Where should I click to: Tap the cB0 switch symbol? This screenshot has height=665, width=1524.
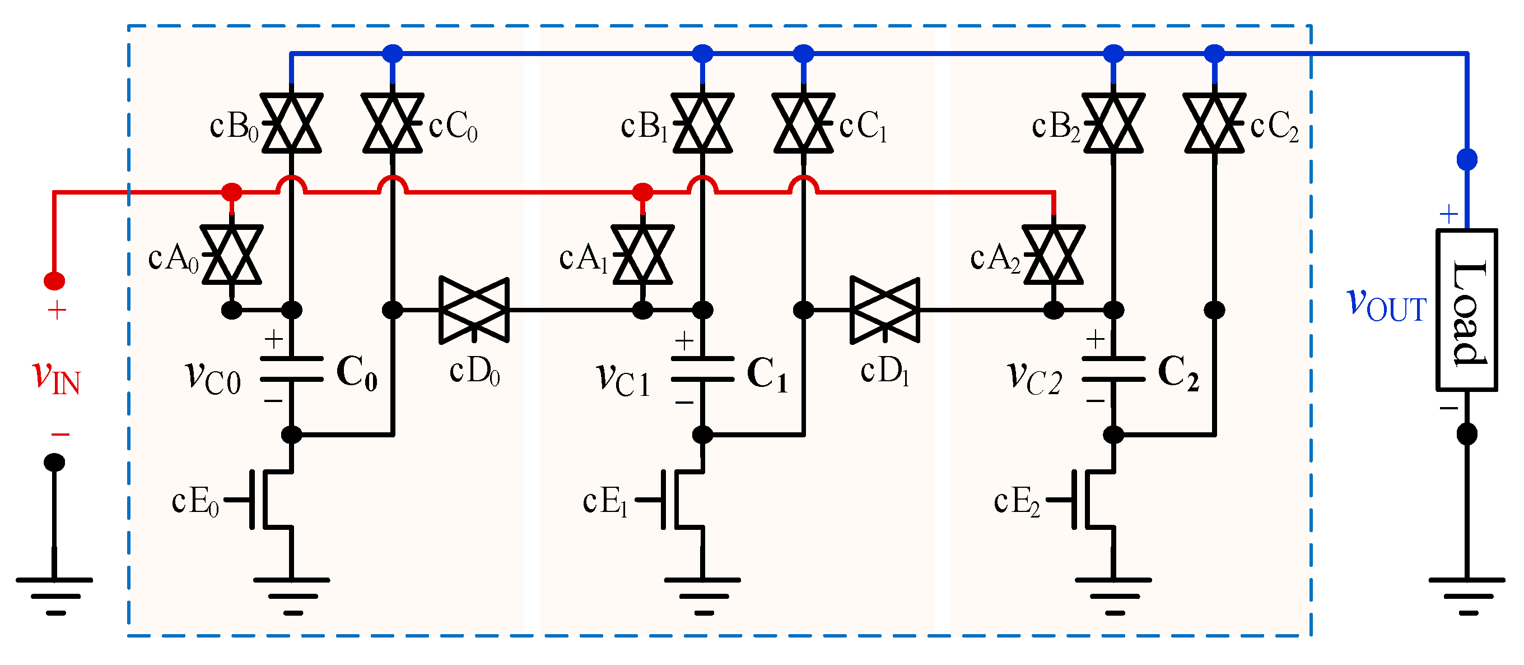click(291, 123)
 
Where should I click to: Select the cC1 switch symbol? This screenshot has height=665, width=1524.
click(803, 123)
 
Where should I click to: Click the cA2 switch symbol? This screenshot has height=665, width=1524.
click(1054, 255)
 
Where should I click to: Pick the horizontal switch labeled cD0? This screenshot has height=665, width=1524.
click(474, 310)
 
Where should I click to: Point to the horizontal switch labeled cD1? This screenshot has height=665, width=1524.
click(884, 310)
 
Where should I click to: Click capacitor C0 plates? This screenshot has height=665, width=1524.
click(291, 368)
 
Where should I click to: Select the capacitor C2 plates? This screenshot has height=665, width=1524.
click(1113, 368)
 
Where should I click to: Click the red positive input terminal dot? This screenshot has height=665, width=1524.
click(54, 281)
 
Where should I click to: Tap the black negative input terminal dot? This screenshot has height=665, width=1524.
click(54, 462)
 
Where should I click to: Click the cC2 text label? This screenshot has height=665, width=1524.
click(1274, 127)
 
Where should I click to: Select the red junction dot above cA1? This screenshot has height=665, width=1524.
click(642, 192)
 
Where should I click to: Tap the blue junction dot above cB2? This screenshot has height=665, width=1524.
click(1113, 53)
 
